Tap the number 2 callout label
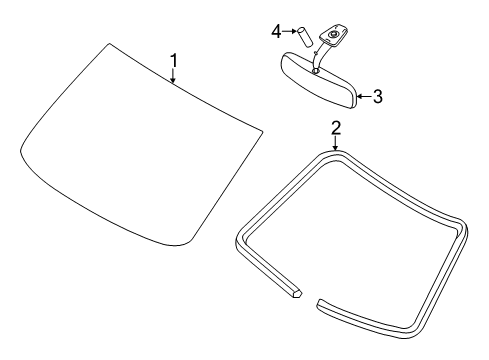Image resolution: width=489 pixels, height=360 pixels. (336, 127)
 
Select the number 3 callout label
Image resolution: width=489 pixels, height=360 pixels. (378, 97)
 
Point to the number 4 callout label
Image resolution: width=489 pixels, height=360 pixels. (276, 31)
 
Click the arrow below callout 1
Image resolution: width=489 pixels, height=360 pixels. (174, 80)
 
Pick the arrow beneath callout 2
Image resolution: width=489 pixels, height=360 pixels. (336, 142)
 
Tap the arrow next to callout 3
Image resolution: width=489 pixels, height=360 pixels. (364, 97)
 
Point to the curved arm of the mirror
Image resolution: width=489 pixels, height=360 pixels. (318, 57)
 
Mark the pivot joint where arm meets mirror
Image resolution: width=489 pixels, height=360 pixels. (315, 70)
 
